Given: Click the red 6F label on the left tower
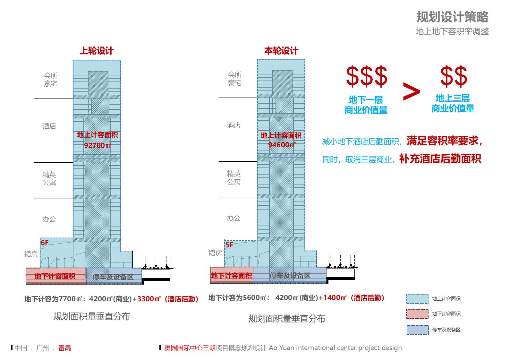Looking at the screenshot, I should click(45, 243).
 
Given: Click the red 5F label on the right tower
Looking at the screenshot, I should click(229, 245).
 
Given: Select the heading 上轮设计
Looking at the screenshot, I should click(97, 51).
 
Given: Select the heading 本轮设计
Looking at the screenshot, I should click(281, 51).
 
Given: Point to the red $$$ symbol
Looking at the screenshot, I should click(366, 76).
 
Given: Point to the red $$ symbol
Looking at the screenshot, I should click(454, 76).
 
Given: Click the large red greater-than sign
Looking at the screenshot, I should click(411, 92).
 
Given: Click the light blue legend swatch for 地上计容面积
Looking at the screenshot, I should click(417, 299).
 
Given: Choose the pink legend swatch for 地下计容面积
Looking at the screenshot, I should click(417, 314).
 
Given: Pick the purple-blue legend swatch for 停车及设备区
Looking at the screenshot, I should click(417, 330).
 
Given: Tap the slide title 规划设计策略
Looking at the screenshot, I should click(452, 17).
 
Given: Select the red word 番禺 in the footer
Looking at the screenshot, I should click(64, 348).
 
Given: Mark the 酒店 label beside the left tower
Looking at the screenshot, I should click(49, 126).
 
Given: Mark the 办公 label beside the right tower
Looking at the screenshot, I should click(233, 218).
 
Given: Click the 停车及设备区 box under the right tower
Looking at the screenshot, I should click(290, 275).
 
